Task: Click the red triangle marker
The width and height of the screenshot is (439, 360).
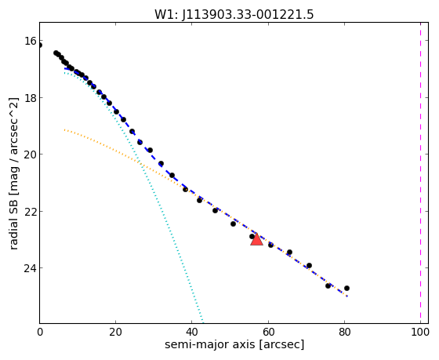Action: pyautogui.click(x=256, y=239)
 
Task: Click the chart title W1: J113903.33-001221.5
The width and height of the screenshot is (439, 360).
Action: pyautogui.click(x=234, y=15)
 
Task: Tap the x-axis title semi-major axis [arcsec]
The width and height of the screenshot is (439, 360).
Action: pyautogui.click(x=234, y=344)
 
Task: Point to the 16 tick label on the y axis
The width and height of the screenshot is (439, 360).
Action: pyautogui.click(x=31, y=41)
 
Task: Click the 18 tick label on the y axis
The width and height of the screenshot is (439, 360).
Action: pyautogui.click(x=31, y=98)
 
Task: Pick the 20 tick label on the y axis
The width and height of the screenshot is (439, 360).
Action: pyautogui.click(x=31, y=155)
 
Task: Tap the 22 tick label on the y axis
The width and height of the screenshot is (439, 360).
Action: pyautogui.click(x=31, y=211)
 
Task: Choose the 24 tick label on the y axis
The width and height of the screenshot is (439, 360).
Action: pyautogui.click(x=31, y=268)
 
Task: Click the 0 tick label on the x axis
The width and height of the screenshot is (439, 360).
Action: pyautogui.click(x=40, y=332)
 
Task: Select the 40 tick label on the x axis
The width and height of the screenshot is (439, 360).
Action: pyautogui.click(x=192, y=332)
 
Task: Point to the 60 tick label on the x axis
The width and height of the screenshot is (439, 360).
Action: pyautogui.click(x=268, y=332)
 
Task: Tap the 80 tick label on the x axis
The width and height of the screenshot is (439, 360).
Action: pyautogui.click(x=344, y=332)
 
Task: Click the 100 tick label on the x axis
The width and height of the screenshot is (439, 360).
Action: pyautogui.click(x=420, y=332)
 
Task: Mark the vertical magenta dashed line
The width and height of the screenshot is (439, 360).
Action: pyautogui.click(x=420, y=173)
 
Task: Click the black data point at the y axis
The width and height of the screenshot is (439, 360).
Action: pyautogui.click(x=40, y=45)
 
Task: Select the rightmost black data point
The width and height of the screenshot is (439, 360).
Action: pyautogui.click(x=346, y=288)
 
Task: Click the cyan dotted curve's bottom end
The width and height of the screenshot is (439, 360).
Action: pyautogui.click(x=202, y=322)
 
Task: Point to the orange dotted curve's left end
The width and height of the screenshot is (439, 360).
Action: pyautogui.click(x=64, y=129)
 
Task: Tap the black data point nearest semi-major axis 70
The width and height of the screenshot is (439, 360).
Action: pyautogui.click(x=309, y=265)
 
